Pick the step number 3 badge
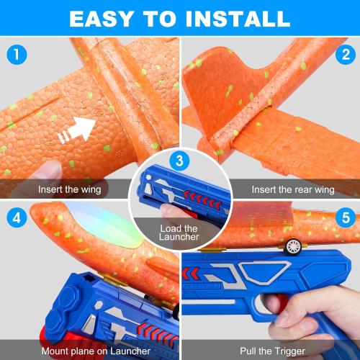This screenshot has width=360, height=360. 180,160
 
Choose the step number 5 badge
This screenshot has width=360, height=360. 344,217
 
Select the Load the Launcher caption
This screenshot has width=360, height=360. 181,234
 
